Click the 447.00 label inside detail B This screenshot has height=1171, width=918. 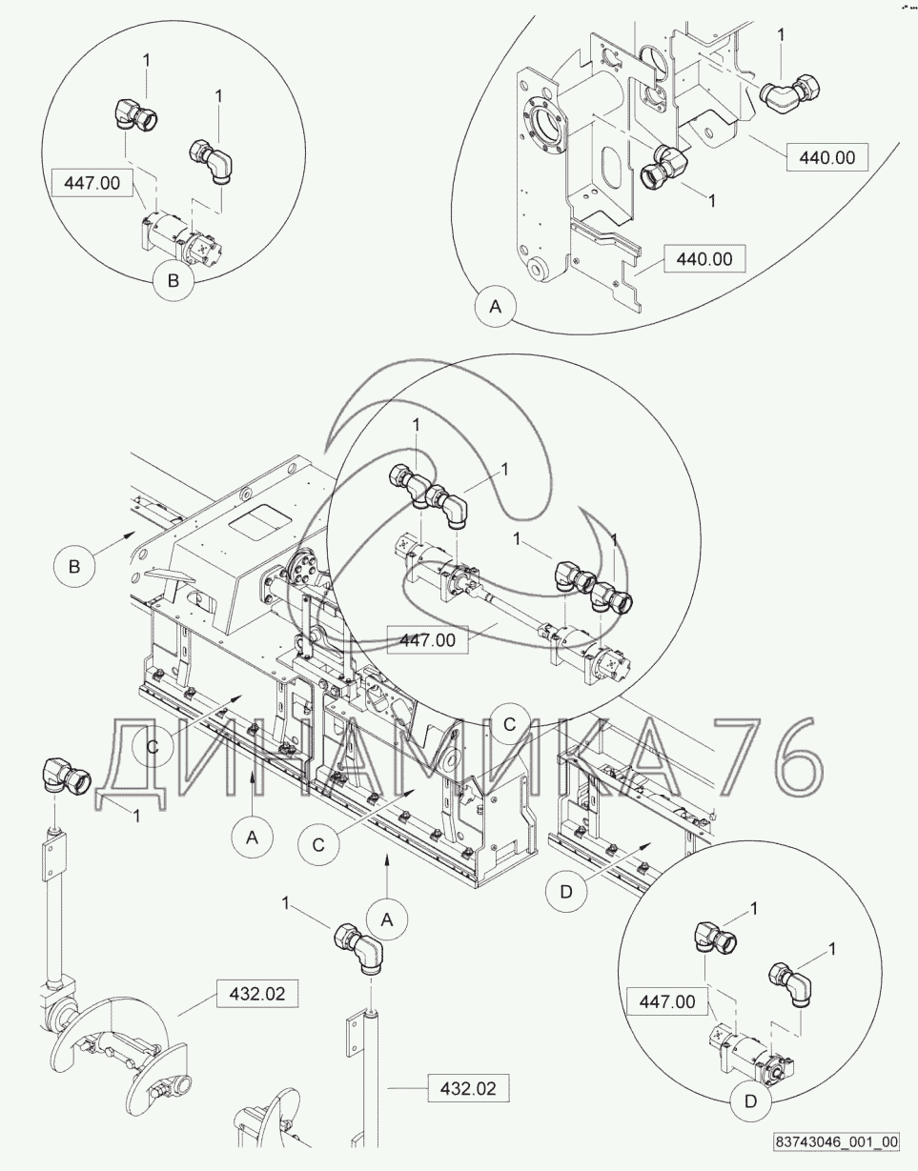[92, 183]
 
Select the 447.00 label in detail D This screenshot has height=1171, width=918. [666, 1001]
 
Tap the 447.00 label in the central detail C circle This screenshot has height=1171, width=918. [427, 640]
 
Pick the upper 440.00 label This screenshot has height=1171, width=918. [826, 157]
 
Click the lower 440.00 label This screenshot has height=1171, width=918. [704, 258]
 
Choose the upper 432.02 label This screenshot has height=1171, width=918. [257, 994]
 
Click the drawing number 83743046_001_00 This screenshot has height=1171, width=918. [836, 1153]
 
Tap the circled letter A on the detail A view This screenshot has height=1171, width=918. [496, 307]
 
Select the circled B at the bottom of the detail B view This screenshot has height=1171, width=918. [173, 281]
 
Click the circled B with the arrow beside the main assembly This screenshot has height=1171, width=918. [74, 566]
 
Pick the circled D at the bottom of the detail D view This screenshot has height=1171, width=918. [751, 1101]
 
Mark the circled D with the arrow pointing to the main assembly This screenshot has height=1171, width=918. [566, 892]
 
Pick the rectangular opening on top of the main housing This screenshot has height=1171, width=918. [260, 521]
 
